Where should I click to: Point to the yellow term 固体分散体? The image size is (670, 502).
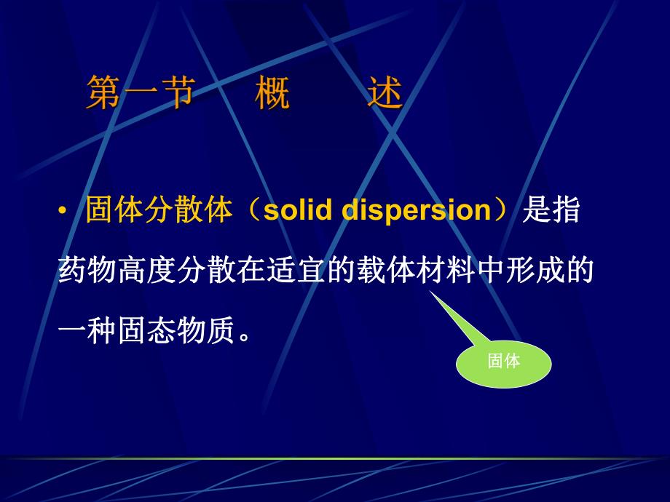click(158, 211)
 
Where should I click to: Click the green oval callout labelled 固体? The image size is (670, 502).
click(503, 361)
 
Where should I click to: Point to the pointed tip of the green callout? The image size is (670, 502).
click(432, 293)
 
